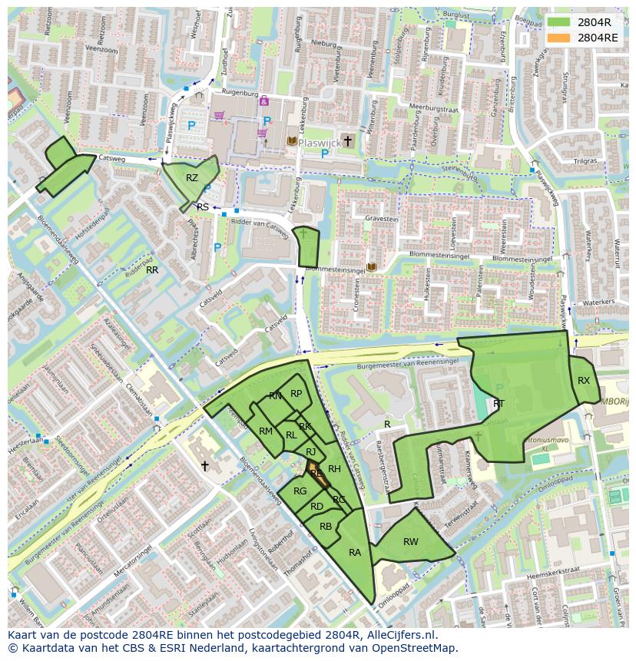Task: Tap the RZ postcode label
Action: [x=192, y=178]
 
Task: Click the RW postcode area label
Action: [x=411, y=542]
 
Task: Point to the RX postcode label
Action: [x=584, y=381]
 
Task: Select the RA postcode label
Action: [x=355, y=553]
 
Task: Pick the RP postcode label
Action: [x=296, y=393]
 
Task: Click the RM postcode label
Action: [x=266, y=431]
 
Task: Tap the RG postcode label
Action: [x=300, y=491]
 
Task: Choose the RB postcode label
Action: [x=326, y=527]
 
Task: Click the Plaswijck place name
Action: [x=319, y=142]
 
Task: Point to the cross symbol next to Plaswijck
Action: [x=348, y=140]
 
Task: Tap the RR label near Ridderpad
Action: [x=152, y=270]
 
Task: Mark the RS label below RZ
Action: [x=203, y=207]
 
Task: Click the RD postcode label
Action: [x=316, y=507]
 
